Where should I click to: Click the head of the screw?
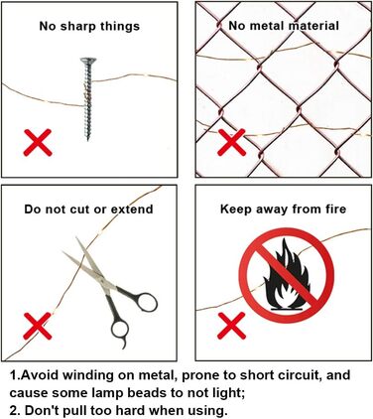tap(88, 61)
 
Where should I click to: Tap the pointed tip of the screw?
tap(88, 141)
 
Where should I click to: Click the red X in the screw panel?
tap(38, 142)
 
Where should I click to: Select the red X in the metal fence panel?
tap(232, 142)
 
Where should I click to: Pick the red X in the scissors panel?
tap(38, 326)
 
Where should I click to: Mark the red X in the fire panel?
tap(232, 326)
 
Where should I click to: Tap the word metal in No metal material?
tap(266, 26)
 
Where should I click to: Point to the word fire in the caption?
tap(336, 209)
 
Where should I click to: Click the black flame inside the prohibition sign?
tap(287, 273)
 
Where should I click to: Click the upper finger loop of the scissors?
tap(147, 302)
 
